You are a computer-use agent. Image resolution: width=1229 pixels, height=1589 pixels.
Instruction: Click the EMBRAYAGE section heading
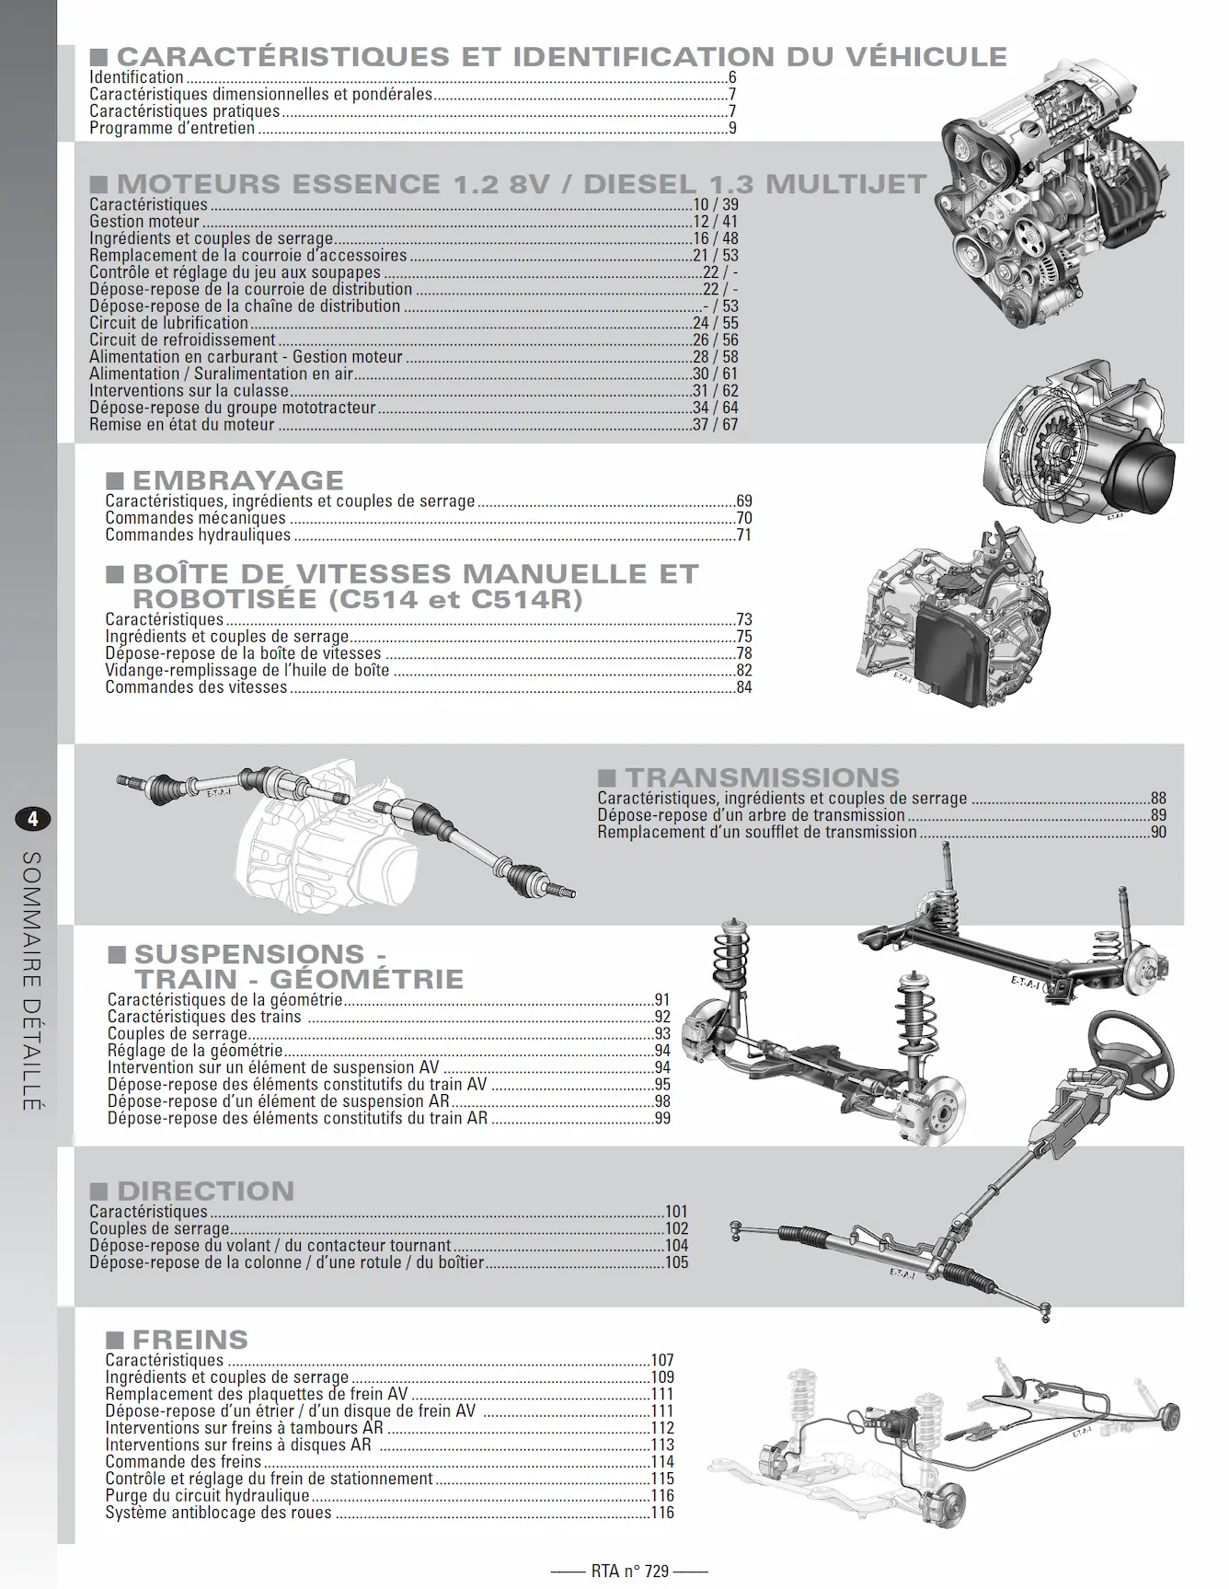(x=238, y=480)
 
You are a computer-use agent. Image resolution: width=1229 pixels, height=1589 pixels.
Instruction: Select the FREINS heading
(x=190, y=1340)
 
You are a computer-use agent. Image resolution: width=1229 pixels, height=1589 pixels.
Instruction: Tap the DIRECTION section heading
(x=205, y=1191)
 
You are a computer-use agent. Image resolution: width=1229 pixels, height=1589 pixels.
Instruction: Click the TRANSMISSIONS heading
(x=763, y=777)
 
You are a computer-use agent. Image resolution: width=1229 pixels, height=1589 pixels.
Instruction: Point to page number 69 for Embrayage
(x=744, y=501)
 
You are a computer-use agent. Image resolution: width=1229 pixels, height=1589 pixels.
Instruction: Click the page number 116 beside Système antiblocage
(x=662, y=1513)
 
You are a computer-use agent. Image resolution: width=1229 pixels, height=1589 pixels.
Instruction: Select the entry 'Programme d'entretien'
(x=172, y=128)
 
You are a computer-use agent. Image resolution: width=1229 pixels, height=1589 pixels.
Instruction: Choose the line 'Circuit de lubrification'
(x=168, y=323)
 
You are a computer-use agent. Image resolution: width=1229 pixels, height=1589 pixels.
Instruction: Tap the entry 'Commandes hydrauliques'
(x=198, y=535)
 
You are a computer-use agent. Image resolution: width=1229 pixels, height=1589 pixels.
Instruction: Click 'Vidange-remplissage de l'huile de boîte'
(x=247, y=671)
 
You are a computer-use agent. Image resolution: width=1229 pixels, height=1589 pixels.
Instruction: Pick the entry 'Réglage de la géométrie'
(x=195, y=1051)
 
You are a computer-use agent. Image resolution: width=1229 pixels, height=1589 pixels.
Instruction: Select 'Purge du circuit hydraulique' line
(x=207, y=1496)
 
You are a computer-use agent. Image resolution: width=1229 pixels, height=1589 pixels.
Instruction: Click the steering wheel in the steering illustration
(x=1131, y=1055)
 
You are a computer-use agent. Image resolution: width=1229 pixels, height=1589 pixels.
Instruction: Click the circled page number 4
(x=32, y=819)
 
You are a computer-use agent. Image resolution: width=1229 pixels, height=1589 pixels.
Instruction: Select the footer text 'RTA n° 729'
(x=630, y=1571)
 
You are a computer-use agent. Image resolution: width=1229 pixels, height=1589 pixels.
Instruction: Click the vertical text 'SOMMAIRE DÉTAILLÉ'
(x=32, y=980)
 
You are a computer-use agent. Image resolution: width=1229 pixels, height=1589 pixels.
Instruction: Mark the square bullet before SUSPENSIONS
(x=117, y=954)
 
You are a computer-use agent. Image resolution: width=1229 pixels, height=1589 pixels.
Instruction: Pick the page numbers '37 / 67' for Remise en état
(x=716, y=424)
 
